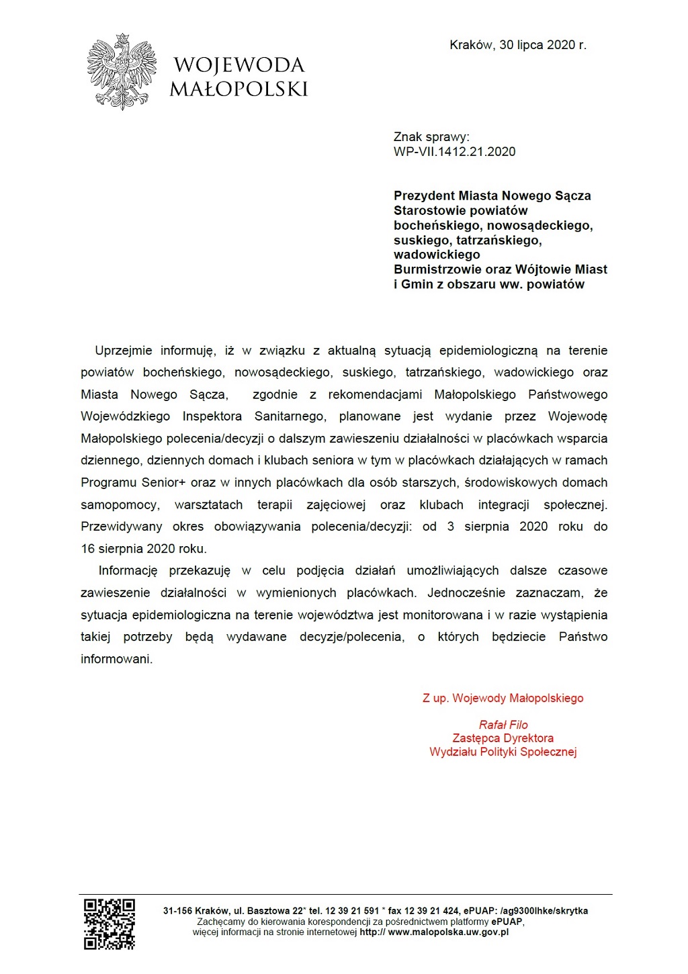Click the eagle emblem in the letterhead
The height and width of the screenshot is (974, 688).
coord(121,71)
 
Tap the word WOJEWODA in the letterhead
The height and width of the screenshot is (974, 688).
coord(239,65)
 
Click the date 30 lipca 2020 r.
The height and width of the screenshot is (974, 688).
coord(543,45)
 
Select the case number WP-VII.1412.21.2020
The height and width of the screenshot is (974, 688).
coord(454,152)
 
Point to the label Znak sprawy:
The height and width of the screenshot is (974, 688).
coord(431,137)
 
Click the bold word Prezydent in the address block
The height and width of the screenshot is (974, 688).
coord(424,196)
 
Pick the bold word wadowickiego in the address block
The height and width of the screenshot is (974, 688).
coord(437,255)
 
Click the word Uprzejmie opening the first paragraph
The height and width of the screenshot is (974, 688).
coord(124,351)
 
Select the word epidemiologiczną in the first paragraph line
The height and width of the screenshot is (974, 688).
coord(488,351)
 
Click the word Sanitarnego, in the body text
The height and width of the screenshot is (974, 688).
coord(290,416)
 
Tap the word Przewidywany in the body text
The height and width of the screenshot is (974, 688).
coord(122,527)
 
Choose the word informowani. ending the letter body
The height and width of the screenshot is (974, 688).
coord(117,660)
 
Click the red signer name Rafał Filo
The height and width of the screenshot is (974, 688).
coord(503,725)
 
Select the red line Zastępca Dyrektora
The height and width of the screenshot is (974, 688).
coord(503,738)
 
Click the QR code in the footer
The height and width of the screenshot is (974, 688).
coord(110,924)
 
